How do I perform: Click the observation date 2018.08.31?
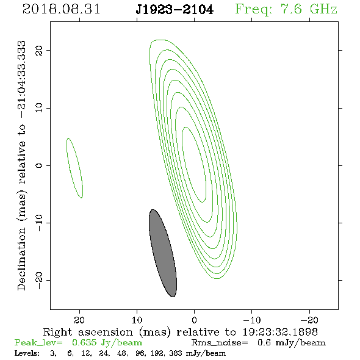61,9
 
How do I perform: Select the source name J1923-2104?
175,10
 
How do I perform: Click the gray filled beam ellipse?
163,253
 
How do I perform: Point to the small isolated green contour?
74,168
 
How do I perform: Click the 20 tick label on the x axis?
79,320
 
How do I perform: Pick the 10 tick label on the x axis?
137,320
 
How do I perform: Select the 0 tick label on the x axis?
195,320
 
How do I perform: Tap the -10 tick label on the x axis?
252,320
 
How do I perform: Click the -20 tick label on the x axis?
309,320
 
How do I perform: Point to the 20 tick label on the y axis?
39,50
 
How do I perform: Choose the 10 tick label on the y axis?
39,107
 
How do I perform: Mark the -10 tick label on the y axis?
39,223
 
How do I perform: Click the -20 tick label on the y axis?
39,280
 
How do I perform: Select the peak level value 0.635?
84,342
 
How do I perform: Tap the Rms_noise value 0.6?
264,342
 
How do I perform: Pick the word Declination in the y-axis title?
21,259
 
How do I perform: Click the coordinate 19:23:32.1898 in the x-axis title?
280,332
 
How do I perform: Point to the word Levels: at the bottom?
27,353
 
